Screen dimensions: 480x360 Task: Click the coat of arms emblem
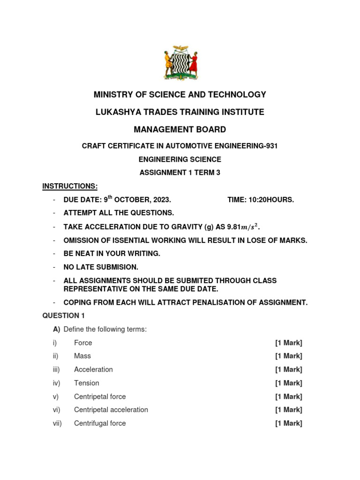pos(180,63)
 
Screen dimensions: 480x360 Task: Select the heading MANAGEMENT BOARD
pos(180,129)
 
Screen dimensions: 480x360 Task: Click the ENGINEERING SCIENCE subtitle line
pos(180,159)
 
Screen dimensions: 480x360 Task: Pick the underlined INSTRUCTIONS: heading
pos(70,186)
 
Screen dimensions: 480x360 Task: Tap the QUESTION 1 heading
pos(64,315)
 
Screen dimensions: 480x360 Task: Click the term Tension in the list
pos(87,383)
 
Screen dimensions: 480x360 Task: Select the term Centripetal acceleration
pos(111,410)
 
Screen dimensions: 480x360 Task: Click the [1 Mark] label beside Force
pos(289,343)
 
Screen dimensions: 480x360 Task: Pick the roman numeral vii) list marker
pos(57,423)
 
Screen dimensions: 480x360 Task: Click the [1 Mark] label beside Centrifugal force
pos(289,423)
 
